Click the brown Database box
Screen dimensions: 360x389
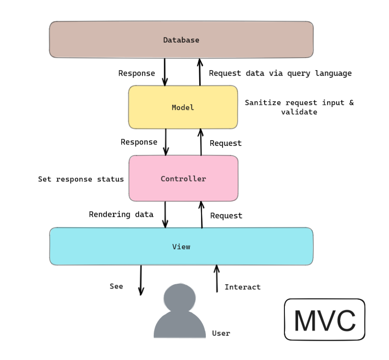click(181, 40)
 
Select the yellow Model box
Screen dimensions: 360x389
click(183, 108)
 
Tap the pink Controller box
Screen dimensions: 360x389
click(183, 179)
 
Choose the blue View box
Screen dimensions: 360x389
click(181, 246)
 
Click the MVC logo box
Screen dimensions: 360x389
click(324, 320)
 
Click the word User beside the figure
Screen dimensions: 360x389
click(221, 333)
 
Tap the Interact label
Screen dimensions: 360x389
click(242, 287)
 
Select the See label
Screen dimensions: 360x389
click(116, 286)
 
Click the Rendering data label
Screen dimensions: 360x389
click(121, 215)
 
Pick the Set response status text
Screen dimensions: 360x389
click(81, 179)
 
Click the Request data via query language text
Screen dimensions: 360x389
click(280, 73)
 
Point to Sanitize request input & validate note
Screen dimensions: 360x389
click(299, 108)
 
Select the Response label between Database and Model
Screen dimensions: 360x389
click(136, 73)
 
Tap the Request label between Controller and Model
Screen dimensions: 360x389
click(225, 143)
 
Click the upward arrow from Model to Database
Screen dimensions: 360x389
click(200, 72)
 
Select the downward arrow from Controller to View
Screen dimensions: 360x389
click(165, 215)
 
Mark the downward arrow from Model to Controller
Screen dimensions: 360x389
click(166, 142)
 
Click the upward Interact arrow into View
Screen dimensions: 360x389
click(217, 279)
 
